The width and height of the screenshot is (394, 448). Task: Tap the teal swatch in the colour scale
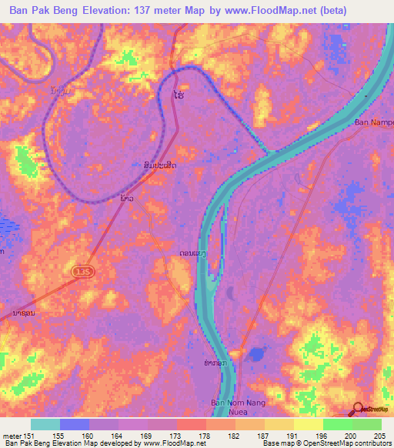click(45, 424)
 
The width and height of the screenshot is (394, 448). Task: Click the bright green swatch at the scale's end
click(367, 424)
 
